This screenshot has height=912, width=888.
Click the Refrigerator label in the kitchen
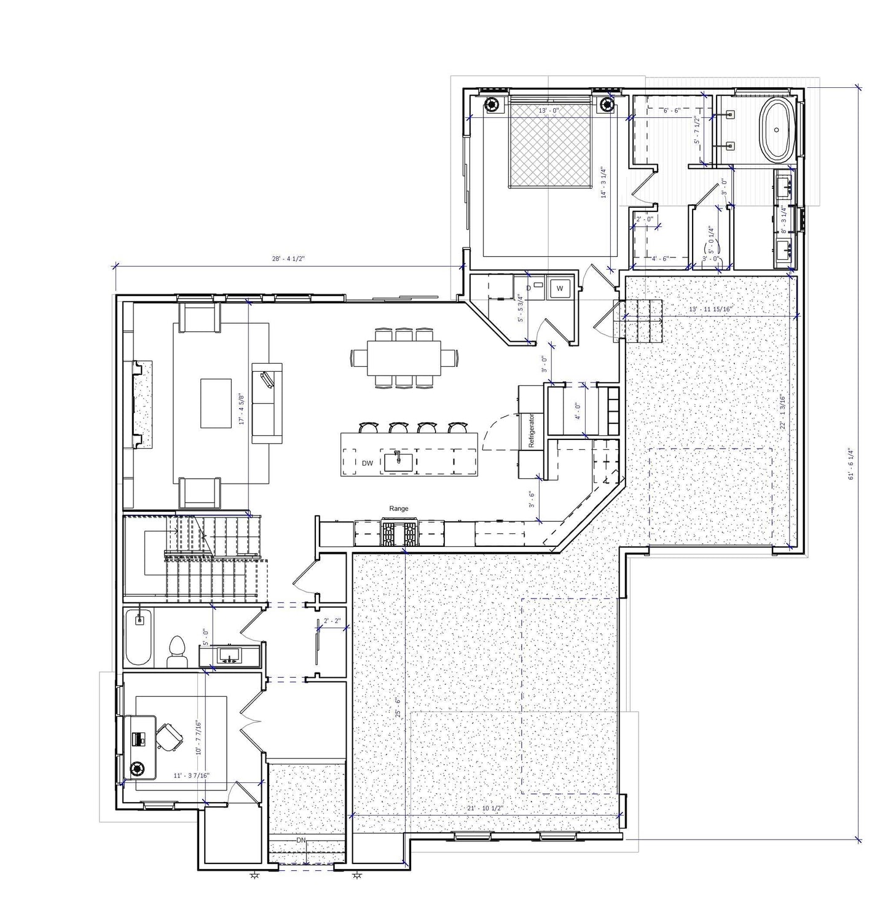(532, 430)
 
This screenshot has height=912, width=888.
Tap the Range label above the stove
(398, 509)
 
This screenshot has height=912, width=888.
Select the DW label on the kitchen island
(367, 463)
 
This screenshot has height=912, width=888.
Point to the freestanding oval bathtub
(778, 130)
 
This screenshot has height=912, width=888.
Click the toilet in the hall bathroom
(178, 653)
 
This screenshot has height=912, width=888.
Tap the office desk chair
(169, 736)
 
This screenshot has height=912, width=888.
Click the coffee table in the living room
(216, 403)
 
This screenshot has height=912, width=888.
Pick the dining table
(404, 358)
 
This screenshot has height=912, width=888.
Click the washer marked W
(560, 288)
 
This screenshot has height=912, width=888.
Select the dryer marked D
(529, 288)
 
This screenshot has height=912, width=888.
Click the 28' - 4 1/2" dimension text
(289, 259)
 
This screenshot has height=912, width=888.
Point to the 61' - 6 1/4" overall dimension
(852, 464)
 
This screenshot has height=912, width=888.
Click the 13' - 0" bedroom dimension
(549, 111)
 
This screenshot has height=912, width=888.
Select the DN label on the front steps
(301, 839)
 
